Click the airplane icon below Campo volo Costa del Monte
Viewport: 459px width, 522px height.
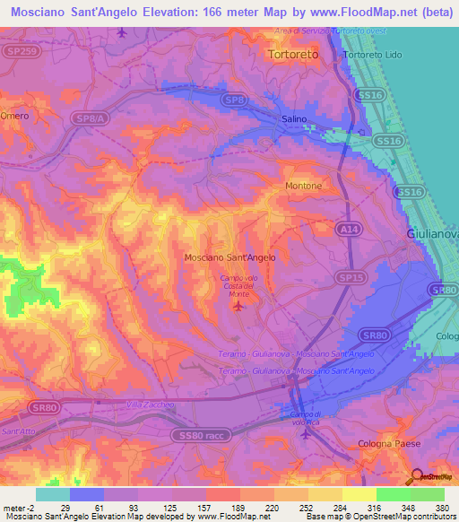[238, 308]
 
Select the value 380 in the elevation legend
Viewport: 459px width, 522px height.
[441, 508]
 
